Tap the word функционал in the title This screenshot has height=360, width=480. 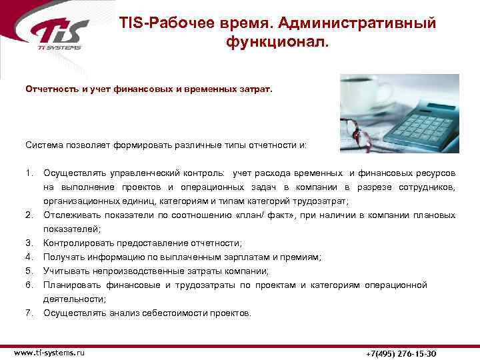tap(277, 43)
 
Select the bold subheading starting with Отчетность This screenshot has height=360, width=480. tap(149, 87)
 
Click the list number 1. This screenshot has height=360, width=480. tap(29, 173)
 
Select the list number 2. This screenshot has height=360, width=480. tap(29, 215)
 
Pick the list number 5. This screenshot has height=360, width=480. tap(29, 271)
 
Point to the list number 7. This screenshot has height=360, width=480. tap(29, 313)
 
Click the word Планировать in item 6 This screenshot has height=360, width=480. tap(70, 285)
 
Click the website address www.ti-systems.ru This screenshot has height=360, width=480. tap(49, 351)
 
